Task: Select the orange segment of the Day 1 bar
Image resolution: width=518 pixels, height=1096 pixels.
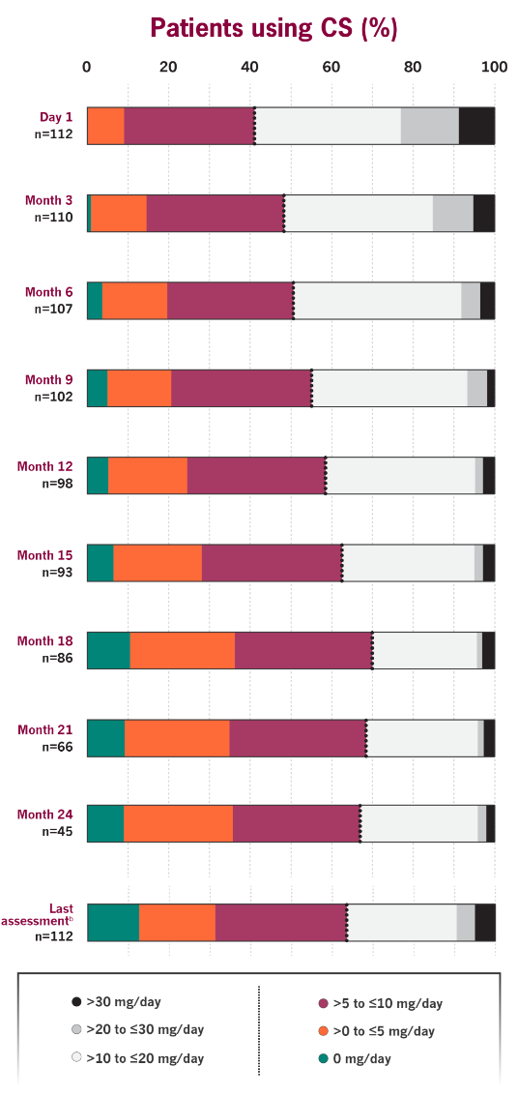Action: tap(106, 126)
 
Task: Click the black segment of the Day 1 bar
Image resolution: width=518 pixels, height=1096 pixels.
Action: tap(476, 126)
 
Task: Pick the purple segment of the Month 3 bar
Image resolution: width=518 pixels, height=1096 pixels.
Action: tap(215, 213)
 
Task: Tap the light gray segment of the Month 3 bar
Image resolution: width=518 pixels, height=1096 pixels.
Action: tap(452, 213)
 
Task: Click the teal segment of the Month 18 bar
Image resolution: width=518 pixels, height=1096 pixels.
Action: tap(108, 650)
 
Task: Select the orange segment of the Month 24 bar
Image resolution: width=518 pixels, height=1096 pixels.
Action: tap(178, 823)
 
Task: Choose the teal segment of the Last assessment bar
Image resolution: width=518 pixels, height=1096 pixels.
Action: tap(113, 922)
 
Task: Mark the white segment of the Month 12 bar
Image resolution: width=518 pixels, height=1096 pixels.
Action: tap(401, 476)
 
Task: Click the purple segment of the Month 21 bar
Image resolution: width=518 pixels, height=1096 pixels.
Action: tap(297, 738)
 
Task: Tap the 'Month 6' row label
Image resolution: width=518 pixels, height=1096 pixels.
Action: tap(48, 292)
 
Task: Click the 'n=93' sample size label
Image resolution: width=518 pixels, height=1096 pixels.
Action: tap(53, 572)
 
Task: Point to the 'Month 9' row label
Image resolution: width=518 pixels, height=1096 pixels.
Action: tap(48, 380)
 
